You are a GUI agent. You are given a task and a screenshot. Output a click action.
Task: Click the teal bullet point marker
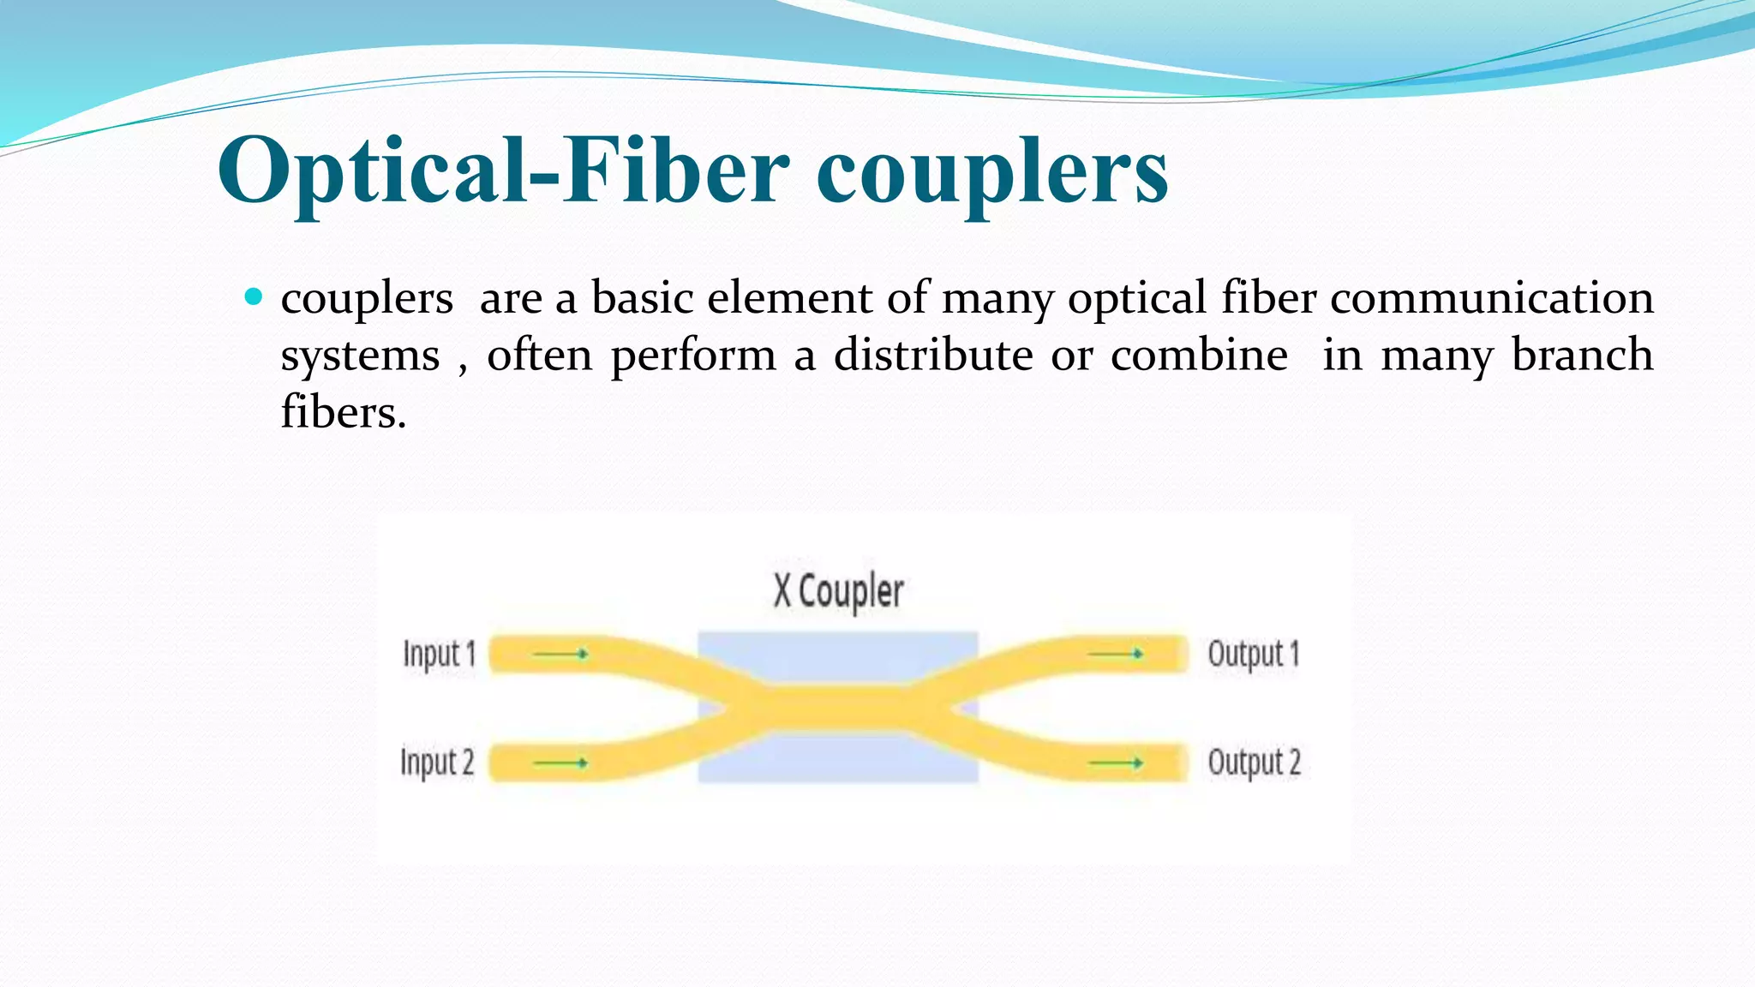pos(254,297)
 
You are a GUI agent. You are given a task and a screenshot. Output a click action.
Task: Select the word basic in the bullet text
pos(642,298)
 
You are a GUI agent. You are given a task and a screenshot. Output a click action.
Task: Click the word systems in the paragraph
pos(360,356)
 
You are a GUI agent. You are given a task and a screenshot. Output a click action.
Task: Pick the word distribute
pos(933,355)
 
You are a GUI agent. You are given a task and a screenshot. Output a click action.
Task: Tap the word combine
pos(1199,355)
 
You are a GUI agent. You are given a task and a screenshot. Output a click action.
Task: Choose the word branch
pos(1582,355)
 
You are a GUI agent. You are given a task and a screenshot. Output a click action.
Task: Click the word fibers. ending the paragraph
pos(344,413)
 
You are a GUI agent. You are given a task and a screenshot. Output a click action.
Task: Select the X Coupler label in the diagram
pos(838,591)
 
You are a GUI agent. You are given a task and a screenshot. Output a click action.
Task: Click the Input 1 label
pos(439,654)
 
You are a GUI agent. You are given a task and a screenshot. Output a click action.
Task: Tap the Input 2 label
pos(437,762)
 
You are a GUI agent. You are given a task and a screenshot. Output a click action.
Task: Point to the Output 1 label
pos(1254,654)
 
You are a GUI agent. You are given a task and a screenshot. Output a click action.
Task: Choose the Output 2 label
pos(1254,762)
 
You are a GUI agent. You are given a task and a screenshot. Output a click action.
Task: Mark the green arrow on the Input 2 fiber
pos(560,763)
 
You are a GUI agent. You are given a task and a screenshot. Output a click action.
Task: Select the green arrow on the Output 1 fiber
pos(1116,654)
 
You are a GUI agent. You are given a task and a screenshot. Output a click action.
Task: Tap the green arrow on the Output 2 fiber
pos(1116,763)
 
